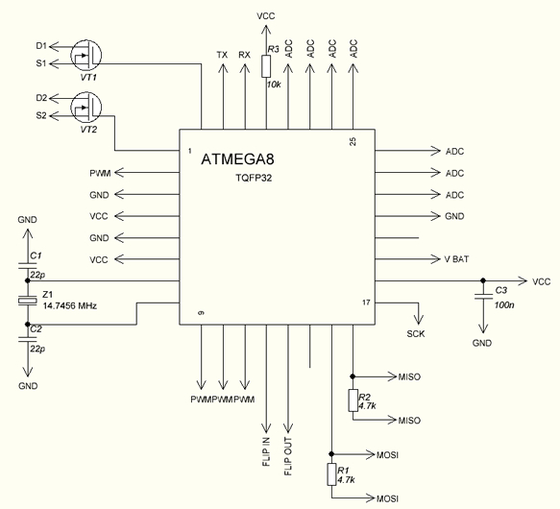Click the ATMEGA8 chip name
(x=237, y=159)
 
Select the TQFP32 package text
(x=254, y=178)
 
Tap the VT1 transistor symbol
(x=86, y=55)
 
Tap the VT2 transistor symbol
(x=86, y=107)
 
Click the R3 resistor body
(x=266, y=66)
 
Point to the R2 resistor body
(x=353, y=400)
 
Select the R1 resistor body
(x=331, y=474)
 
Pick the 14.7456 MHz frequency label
(x=70, y=306)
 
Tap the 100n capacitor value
(x=504, y=305)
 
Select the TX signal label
(x=222, y=55)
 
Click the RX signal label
(x=244, y=55)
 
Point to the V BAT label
(x=456, y=259)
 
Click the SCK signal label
(x=416, y=334)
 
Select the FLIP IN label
(x=266, y=451)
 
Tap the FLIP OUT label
(x=288, y=456)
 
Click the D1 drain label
(x=41, y=46)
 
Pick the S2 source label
(x=41, y=116)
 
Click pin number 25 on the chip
(x=353, y=141)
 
